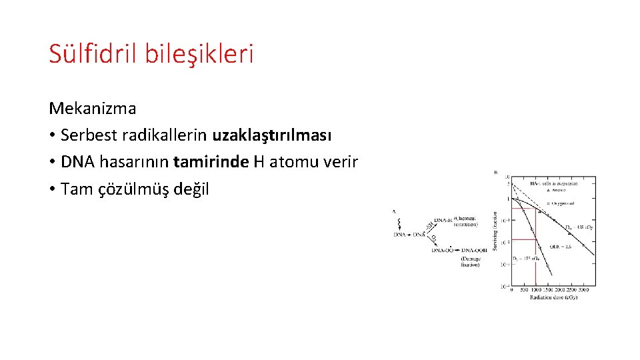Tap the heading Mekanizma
tap(92, 108)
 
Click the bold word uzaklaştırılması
tap(271, 135)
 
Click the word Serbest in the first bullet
tap(85, 135)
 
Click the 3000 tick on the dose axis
tap(583, 291)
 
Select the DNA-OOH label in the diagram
tap(474, 250)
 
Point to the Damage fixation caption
tap(470, 261)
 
